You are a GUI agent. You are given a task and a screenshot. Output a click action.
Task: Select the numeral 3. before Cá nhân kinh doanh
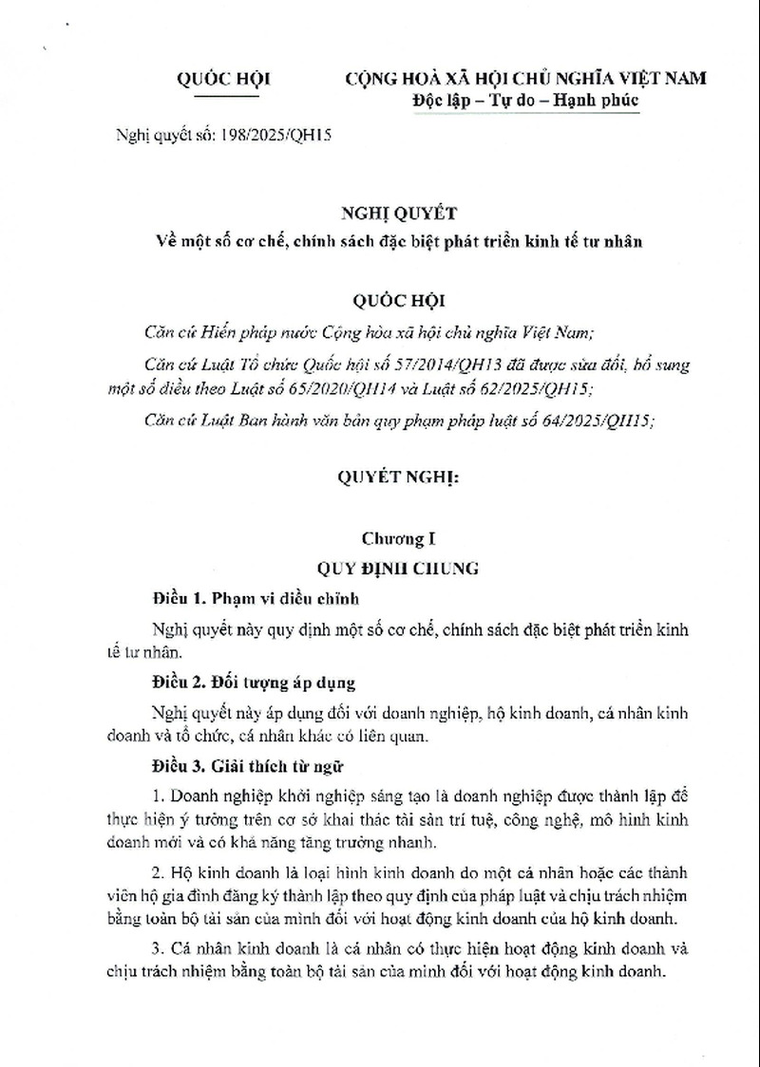[159, 951]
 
